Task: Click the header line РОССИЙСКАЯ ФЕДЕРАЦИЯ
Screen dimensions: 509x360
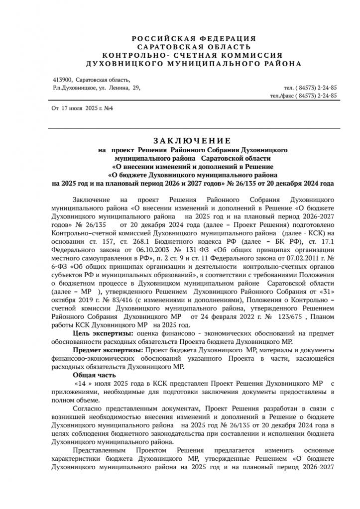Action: [x=194, y=38]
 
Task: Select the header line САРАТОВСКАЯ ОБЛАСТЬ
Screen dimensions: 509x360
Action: [x=194, y=47]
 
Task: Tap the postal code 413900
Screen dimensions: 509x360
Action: [x=62, y=80]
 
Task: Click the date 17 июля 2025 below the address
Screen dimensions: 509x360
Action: [x=80, y=108]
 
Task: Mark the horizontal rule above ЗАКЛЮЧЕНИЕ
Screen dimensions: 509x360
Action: [x=194, y=129]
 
